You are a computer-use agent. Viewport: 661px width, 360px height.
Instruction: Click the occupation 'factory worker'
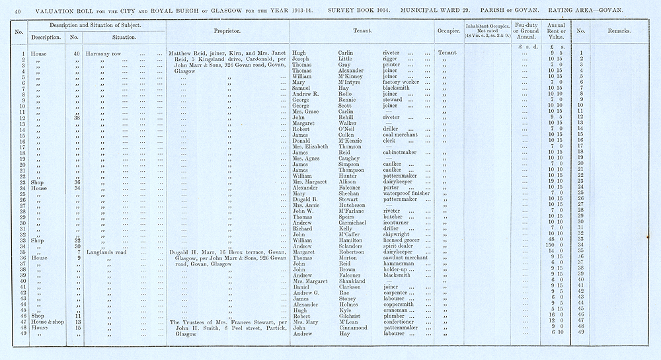coord(403,82)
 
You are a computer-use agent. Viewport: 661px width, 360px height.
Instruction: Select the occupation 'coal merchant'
coord(403,135)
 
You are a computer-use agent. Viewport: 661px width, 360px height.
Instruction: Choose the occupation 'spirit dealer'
coord(399,246)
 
